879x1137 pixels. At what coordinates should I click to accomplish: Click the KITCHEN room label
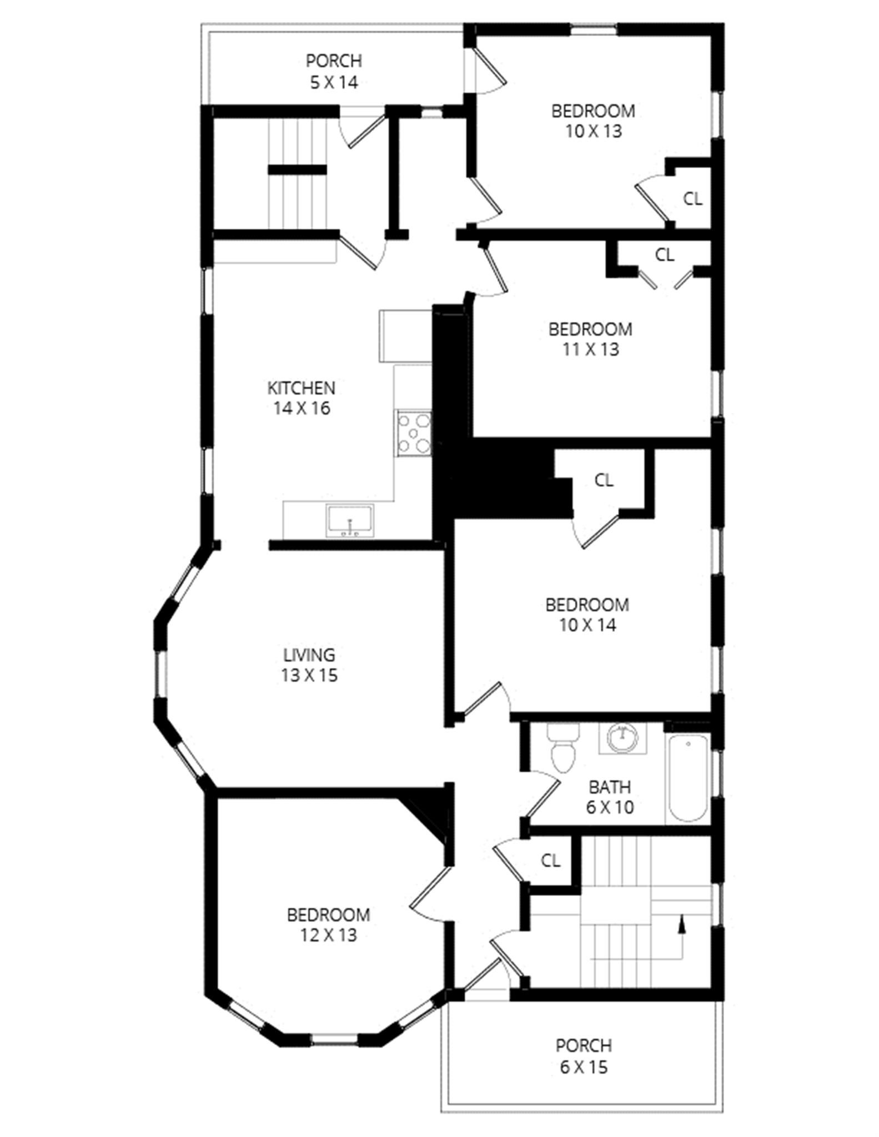(x=301, y=388)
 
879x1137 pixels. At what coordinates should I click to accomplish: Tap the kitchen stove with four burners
(x=414, y=433)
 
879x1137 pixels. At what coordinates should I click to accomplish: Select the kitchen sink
(x=350, y=520)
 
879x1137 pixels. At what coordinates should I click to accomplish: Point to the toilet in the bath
(x=562, y=749)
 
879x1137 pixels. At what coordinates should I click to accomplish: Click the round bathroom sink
(x=622, y=737)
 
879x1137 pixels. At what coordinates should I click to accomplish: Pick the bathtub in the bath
(x=688, y=777)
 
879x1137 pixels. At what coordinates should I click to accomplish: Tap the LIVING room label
(x=309, y=655)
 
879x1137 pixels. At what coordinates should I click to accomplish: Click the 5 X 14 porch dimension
(x=334, y=82)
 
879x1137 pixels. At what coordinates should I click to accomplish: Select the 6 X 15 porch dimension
(x=584, y=1067)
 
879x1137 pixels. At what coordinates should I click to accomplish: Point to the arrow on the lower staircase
(x=682, y=923)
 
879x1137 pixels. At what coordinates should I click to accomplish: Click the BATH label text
(x=610, y=787)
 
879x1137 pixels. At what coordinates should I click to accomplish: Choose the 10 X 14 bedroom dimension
(x=587, y=625)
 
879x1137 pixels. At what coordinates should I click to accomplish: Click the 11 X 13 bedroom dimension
(x=590, y=349)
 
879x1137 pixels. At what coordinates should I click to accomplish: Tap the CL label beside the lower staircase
(x=550, y=861)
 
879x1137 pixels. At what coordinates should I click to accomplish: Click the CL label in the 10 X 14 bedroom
(x=604, y=480)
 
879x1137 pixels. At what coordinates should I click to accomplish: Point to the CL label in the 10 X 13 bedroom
(x=692, y=198)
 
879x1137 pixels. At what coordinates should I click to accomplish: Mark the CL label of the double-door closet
(x=665, y=255)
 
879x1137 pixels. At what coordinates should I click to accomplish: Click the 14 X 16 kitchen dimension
(x=302, y=408)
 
